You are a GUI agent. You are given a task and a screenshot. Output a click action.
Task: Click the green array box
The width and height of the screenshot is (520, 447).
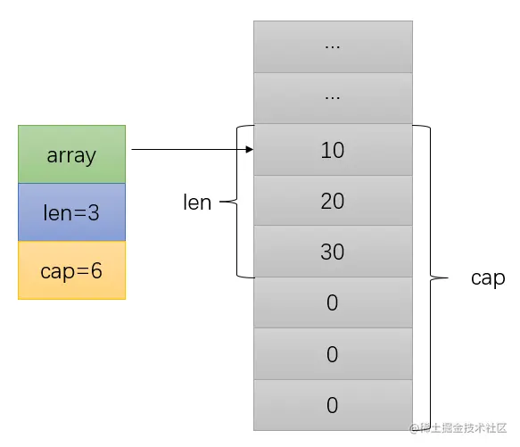(71, 154)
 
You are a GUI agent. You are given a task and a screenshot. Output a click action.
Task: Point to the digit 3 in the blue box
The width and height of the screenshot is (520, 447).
(93, 212)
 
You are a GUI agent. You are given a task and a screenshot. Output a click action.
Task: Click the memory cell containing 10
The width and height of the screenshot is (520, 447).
(333, 151)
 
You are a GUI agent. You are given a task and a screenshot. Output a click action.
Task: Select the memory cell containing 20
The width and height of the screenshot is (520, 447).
(333, 202)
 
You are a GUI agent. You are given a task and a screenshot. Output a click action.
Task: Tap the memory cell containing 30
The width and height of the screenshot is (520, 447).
(333, 252)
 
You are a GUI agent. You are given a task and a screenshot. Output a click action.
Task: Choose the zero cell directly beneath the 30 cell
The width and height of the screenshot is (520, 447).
(333, 303)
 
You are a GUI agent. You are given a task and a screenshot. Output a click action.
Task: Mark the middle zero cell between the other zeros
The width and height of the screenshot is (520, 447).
(333, 354)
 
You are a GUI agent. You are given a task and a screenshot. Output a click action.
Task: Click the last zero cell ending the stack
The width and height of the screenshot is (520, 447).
(333, 405)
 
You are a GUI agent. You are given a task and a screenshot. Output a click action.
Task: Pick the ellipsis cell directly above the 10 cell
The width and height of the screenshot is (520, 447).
(333, 98)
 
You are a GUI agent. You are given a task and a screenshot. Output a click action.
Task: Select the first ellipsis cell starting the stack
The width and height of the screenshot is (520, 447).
(333, 46)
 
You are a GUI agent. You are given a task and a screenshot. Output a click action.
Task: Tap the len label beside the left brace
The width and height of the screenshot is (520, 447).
(197, 203)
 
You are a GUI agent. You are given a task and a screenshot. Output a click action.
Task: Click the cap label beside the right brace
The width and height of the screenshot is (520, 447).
(488, 278)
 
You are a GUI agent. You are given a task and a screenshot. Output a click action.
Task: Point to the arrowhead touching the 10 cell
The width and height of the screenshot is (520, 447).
(250, 151)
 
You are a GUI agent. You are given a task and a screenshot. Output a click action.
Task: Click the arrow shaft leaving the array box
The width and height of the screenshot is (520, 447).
(187, 151)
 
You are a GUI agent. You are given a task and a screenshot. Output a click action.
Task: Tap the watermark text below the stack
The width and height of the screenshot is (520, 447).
(458, 429)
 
